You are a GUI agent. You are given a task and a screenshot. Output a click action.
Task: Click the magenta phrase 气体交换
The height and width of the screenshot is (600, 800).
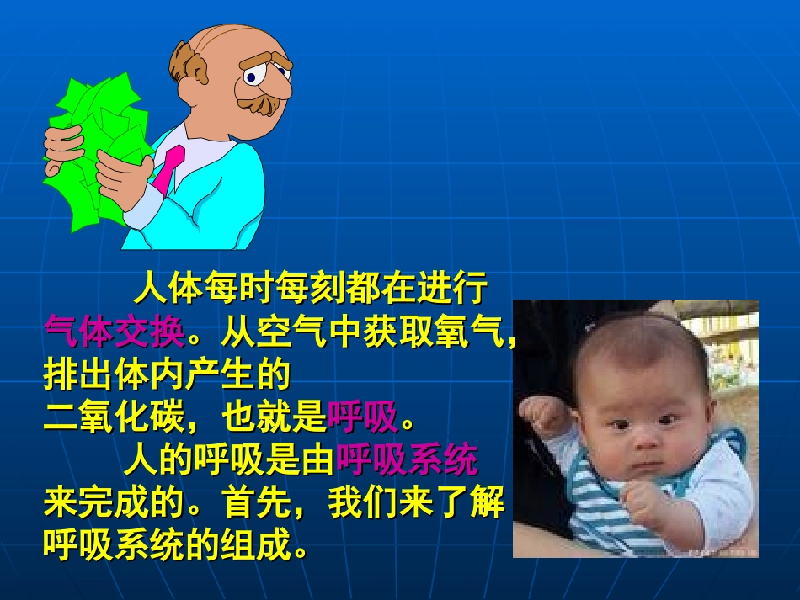pyautogui.click(x=114, y=333)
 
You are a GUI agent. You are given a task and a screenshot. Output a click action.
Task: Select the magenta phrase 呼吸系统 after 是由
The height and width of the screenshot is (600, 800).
pyautogui.click(x=407, y=459)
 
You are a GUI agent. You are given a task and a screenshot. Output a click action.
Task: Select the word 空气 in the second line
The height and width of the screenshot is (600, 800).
pyautogui.click(x=291, y=333)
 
